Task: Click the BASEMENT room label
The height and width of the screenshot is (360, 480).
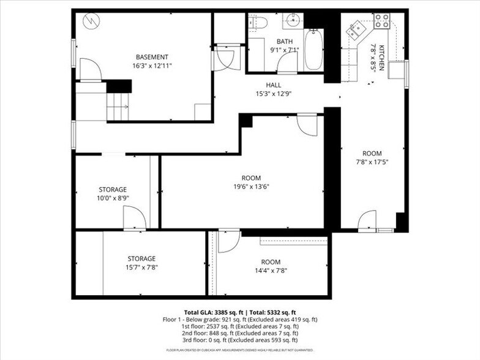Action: pos(152,57)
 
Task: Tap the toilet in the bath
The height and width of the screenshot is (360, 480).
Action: pos(259,23)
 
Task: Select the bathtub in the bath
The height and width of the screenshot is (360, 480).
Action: pos(313,50)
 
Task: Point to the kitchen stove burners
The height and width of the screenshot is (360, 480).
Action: pos(381,21)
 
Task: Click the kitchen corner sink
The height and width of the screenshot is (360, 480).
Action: pos(356,29)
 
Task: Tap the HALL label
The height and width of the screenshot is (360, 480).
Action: pos(273,85)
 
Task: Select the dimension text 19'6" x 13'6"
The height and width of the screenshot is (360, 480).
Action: pos(251,187)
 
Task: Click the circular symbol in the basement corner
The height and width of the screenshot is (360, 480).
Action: pos(91,20)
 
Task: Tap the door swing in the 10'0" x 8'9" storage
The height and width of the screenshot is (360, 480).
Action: pos(133,218)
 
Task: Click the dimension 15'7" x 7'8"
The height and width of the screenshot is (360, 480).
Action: pos(141,267)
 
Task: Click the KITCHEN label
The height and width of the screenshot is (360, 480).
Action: pos(380,57)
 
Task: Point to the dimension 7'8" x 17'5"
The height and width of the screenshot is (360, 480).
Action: pos(372,162)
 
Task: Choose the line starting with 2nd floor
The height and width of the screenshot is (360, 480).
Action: pos(239,333)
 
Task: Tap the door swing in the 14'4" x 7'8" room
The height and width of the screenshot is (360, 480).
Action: pos(228,241)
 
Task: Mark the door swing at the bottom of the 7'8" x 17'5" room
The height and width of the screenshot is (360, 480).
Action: pos(367,220)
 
